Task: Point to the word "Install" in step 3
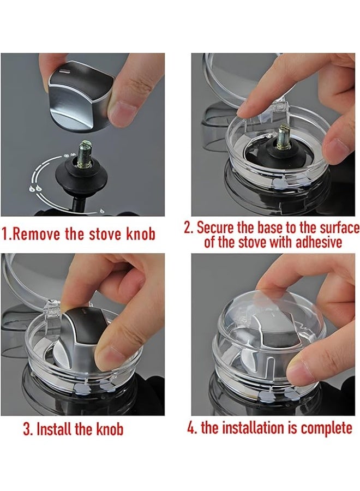55,429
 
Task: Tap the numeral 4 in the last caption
191,428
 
